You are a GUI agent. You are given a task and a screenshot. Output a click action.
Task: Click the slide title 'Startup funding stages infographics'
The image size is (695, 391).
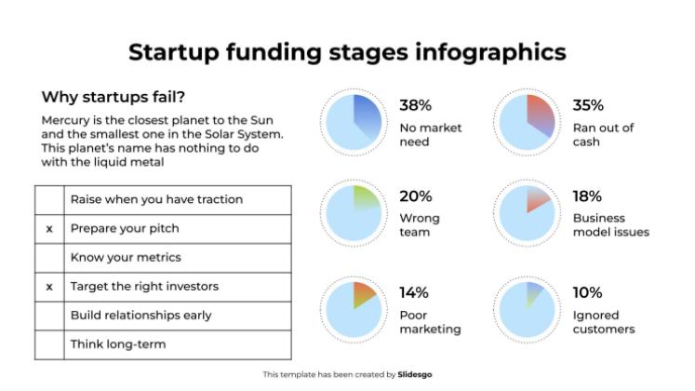[347, 51]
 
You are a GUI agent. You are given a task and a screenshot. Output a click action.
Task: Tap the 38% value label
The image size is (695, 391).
[415, 105]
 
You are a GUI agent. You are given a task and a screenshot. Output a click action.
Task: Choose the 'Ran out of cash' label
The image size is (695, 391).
[603, 135]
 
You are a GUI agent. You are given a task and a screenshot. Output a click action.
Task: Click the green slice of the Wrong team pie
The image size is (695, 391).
[365, 198]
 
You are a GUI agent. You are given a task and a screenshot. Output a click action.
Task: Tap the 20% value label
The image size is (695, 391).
[416, 196]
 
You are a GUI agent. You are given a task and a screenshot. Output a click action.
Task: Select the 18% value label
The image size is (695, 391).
[587, 196]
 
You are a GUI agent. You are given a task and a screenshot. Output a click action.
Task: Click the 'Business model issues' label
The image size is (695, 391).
[610, 225]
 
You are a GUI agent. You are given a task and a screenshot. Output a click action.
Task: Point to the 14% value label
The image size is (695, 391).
[414, 292]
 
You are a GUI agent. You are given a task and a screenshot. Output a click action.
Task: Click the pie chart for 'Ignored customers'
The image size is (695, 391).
[527, 308]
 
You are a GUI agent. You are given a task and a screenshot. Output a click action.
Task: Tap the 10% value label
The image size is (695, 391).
[588, 292]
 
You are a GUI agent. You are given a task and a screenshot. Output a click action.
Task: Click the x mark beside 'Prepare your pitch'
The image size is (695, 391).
[49, 228]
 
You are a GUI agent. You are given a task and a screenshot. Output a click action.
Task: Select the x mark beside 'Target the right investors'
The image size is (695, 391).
[49, 287]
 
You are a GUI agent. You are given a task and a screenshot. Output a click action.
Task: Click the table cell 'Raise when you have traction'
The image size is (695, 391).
[156, 199]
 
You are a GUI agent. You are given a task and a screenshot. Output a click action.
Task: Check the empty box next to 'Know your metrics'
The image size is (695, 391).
[49, 257]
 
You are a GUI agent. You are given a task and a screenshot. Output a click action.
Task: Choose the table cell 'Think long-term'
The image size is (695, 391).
[118, 344]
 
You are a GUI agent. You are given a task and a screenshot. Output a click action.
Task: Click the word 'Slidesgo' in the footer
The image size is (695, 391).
[414, 374]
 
